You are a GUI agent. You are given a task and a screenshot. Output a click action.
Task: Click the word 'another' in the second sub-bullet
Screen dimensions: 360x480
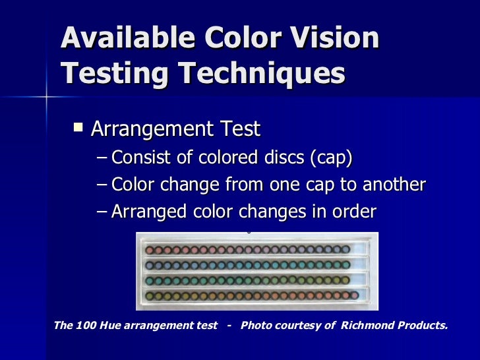(x=392, y=185)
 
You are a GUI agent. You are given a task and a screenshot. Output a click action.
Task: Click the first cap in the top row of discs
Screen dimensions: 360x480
(x=149, y=251)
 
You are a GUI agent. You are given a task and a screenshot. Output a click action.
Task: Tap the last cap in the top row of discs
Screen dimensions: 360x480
(x=345, y=251)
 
